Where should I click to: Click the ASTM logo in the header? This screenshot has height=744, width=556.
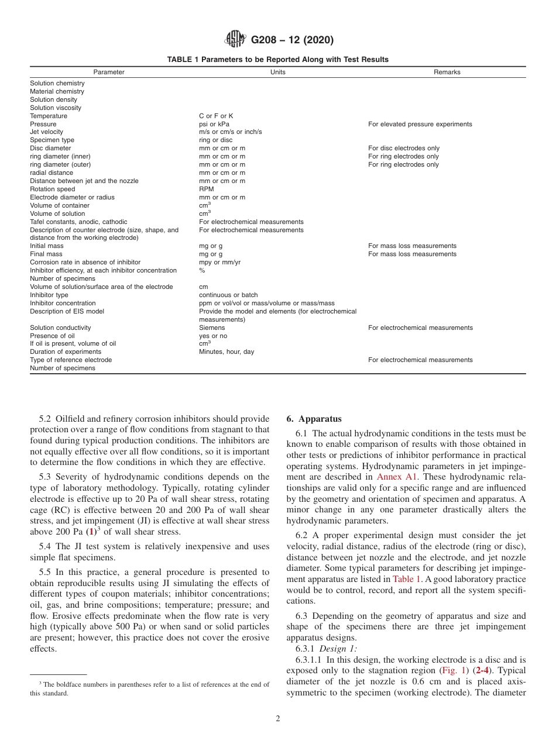coord(236,40)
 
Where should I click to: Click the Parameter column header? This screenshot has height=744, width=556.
coord(109,72)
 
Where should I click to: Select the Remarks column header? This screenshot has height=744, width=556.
coord(447,72)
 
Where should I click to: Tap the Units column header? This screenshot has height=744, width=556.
coord(278,72)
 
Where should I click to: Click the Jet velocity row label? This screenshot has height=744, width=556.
coord(47,132)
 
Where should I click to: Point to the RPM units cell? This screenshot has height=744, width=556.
coord(207,189)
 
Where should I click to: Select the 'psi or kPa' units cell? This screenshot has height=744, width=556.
coord(214,124)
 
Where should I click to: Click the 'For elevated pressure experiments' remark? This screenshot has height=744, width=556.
coord(420,124)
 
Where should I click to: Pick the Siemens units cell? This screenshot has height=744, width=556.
coord(212,328)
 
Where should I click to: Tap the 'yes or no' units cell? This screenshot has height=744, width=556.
coord(213,336)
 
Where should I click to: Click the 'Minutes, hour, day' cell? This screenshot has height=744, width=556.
coord(226,352)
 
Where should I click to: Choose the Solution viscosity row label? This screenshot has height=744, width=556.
coord(56,108)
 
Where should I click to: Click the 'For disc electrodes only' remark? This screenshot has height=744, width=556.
coord(404,149)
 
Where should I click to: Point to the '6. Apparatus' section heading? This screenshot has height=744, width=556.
coord(314,419)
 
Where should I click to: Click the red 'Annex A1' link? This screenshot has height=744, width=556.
coord(397,477)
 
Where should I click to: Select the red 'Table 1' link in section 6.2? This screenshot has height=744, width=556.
coord(407,579)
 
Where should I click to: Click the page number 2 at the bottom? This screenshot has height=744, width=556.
coord(278,719)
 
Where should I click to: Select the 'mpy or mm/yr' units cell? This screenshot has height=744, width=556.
coord(219,263)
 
